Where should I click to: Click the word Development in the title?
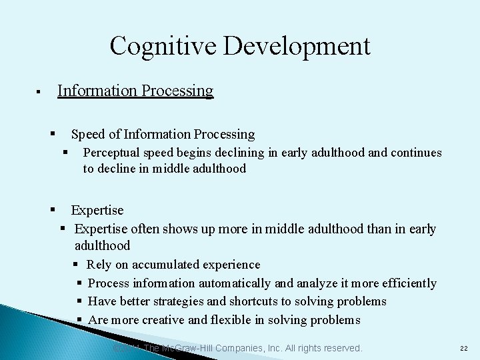coord(297,46)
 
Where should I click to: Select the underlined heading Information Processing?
coord(135,91)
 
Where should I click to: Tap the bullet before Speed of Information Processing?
coord(53,134)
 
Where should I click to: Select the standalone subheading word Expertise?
coord(97,211)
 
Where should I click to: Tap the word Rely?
coord(99,265)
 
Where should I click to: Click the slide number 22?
coord(464,349)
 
